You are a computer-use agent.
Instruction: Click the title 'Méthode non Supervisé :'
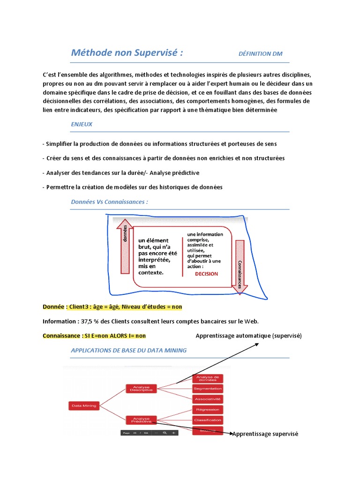[127, 52]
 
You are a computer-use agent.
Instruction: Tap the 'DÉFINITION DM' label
[260, 53]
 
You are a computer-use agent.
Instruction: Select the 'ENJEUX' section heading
[82, 124]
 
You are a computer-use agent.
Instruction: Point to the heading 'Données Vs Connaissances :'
[109, 202]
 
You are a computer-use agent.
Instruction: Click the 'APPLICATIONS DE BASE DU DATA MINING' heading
[128, 350]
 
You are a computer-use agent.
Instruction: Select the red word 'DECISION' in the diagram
[206, 274]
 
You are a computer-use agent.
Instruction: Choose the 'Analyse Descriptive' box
[141, 389]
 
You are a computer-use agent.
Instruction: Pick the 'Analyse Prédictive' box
[141, 420]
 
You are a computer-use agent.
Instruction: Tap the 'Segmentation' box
[207, 389]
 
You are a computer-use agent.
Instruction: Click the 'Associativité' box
[207, 399]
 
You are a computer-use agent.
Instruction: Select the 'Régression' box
[207, 410]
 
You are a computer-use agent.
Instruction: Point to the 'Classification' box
[207, 420]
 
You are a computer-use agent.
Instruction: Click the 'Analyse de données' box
[207, 378]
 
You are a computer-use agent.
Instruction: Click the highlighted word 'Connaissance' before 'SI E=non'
[60, 336]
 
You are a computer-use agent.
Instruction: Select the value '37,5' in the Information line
[87, 321]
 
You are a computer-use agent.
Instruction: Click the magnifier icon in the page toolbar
[165, 433]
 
